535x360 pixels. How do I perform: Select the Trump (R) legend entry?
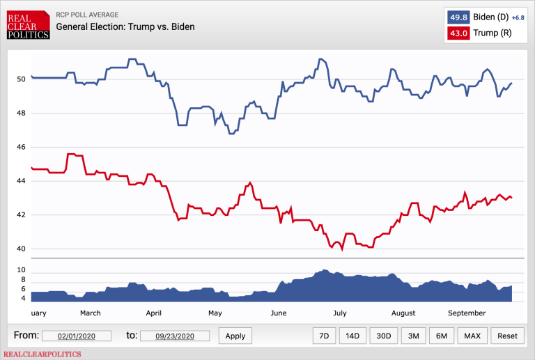[490, 33]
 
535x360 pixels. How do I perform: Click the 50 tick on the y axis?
[21, 79]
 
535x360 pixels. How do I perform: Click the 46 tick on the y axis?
[21, 147]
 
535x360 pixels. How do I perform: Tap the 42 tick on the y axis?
[21, 214]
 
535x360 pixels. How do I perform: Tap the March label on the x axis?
[90, 313]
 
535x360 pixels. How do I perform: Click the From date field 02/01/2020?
[77, 336]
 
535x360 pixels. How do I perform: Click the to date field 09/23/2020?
[176, 336]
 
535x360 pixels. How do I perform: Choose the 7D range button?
[324, 336]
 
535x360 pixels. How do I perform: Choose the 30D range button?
[383, 336]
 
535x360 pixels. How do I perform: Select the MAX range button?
[472, 336]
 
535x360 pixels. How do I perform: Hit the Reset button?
[508, 336]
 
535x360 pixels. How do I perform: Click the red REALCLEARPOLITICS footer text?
[42, 354]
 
